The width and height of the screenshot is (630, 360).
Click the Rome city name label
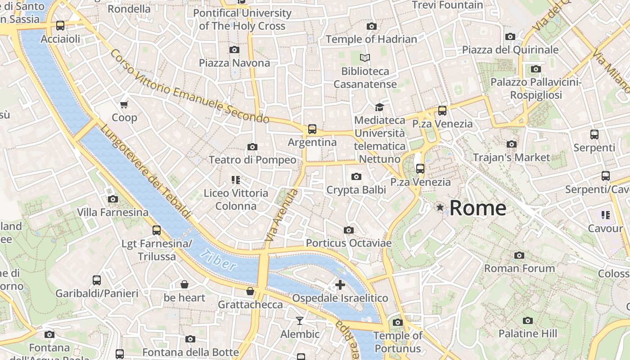tap(478, 208)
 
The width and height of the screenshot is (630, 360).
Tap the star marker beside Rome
tap(440, 207)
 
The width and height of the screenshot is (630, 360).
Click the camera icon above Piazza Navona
tap(234, 49)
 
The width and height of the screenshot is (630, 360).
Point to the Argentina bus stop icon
tap(312, 129)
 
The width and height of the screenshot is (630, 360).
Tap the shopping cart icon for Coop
tap(124, 104)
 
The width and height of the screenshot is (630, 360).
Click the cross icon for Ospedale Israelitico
tap(340, 284)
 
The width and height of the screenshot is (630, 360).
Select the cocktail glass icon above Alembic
tap(300, 320)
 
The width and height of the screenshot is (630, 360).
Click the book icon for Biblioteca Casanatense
tap(365, 58)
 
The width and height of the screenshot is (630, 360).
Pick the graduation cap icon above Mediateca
tap(379, 107)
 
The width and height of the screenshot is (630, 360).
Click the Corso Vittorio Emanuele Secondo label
tap(189, 86)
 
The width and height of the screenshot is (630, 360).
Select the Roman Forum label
tap(519, 268)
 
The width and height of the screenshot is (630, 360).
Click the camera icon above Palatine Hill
tap(527, 320)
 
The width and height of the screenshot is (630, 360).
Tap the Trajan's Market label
tap(511, 157)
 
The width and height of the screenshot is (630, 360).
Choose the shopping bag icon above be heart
tap(184, 284)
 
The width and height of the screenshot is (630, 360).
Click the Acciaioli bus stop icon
tap(60, 26)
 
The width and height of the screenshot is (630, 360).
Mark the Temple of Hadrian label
tap(371, 39)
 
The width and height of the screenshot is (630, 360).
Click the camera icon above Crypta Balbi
tap(356, 176)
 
